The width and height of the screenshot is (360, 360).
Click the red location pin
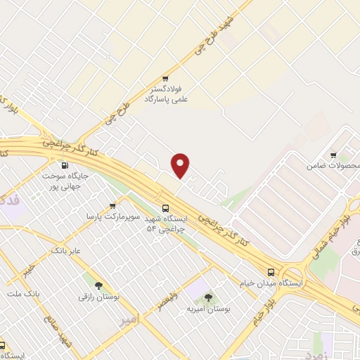click(181, 165)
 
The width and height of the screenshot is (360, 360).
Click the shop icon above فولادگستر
click(165, 79)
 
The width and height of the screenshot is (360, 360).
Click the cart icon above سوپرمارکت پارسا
click(112, 206)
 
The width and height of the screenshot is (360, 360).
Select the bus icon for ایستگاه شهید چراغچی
click(165, 207)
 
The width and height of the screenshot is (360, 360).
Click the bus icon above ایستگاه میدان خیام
click(271, 272)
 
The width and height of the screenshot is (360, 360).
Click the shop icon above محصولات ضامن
click(333, 155)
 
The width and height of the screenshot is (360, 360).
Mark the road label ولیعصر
click(186, 295)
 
